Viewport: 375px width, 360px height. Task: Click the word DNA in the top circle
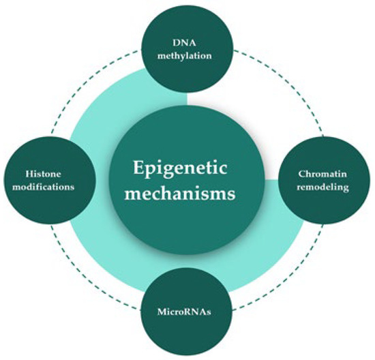187,42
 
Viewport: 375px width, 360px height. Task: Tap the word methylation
187,55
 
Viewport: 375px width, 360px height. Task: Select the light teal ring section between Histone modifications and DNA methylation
116,109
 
